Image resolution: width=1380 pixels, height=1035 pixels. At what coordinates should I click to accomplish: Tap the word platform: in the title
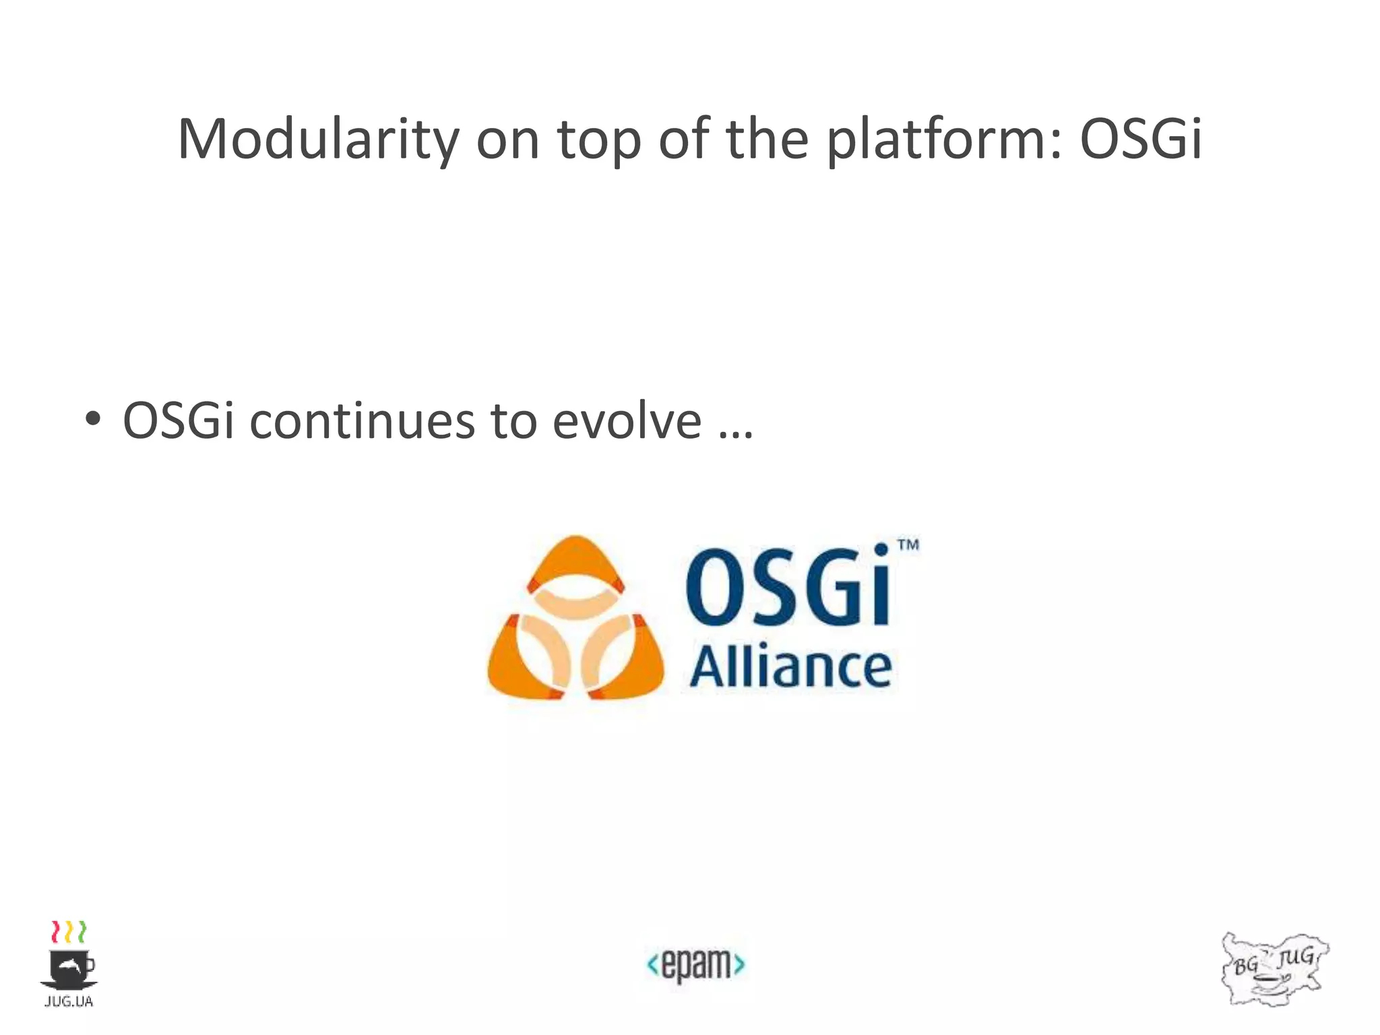click(943, 139)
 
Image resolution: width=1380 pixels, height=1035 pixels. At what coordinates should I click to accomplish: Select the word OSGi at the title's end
click(1140, 139)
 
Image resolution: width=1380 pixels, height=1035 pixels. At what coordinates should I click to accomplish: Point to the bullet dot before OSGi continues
click(93, 419)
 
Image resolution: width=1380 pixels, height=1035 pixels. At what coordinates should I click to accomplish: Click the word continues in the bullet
click(362, 421)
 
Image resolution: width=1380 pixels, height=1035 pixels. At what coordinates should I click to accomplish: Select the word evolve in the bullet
click(627, 421)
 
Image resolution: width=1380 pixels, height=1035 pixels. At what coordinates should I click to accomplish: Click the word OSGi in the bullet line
click(179, 421)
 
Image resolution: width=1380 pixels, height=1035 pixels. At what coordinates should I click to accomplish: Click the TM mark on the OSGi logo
click(908, 545)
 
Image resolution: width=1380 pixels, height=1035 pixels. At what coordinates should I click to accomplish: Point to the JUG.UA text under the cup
click(69, 1002)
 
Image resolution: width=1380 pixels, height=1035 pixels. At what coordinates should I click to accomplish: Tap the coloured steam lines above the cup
click(69, 931)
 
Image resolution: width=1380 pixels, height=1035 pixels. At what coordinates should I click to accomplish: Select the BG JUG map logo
click(1274, 969)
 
